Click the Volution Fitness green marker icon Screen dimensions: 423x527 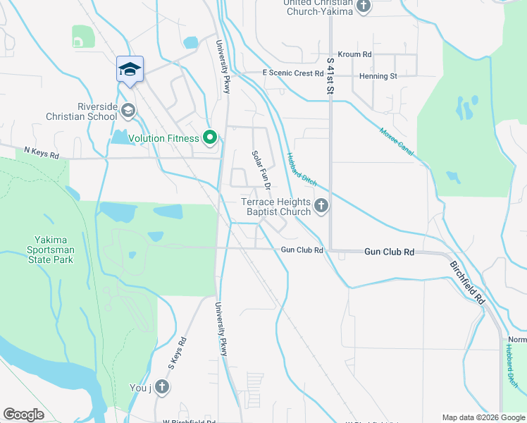tap(210, 138)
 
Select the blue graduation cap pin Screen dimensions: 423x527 tap(130, 69)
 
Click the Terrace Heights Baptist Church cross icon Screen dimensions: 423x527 tap(321, 206)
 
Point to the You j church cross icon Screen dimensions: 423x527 tap(162, 386)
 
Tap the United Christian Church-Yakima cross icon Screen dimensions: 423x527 tap(364, 6)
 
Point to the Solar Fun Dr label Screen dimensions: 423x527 tap(261, 171)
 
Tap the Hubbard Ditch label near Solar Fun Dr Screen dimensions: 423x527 tap(301, 168)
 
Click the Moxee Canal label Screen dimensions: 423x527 tap(397, 142)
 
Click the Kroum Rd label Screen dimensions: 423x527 tap(354, 54)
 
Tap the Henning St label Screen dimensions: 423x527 tap(378, 75)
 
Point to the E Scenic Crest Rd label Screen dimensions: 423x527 tap(292, 73)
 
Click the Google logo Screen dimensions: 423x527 tap(23, 415)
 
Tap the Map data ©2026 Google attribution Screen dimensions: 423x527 tap(483, 417)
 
